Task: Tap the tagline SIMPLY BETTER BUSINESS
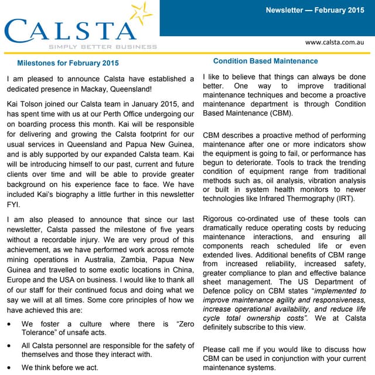pos(103,46)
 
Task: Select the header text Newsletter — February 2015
pos(315,10)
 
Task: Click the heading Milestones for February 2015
pos(68,63)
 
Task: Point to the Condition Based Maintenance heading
pos(265,61)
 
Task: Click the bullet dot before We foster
pos(8,325)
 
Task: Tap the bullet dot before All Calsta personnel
pos(8,346)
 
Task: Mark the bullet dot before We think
pos(8,368)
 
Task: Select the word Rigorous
pos(220,219)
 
